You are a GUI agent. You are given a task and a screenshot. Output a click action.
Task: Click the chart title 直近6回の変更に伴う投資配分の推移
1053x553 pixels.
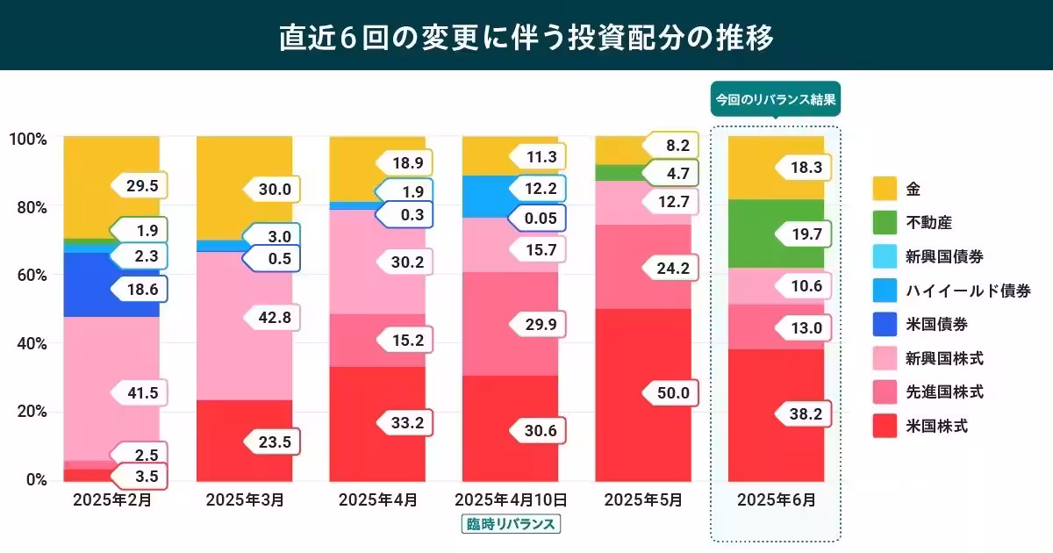(526, 38)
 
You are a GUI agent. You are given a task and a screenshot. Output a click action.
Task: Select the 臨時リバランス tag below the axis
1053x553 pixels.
(510, 524)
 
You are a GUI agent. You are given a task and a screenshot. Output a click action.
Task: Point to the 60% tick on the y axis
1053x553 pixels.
(28, 275)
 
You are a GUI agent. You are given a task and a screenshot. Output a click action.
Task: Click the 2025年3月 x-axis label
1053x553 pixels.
(245, 500)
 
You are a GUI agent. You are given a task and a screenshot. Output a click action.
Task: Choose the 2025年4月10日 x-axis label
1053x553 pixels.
(510, 500)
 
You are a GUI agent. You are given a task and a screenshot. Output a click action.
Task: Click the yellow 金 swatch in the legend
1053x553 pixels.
(885, 189)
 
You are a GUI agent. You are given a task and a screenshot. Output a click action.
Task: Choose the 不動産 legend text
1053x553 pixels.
(931, 223)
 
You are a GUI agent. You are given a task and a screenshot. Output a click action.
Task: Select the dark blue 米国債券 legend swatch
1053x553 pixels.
(885, 325)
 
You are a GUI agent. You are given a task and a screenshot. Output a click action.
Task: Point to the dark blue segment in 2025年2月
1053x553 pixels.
(88, 285)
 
